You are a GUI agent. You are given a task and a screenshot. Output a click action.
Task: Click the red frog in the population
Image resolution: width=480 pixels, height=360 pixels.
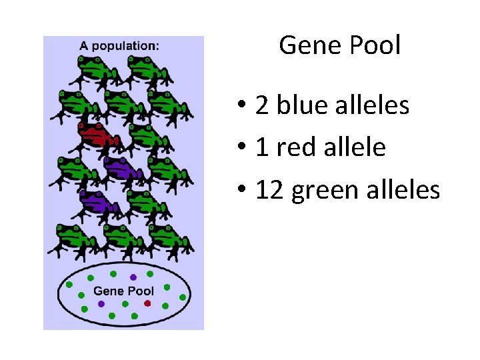(97, 135)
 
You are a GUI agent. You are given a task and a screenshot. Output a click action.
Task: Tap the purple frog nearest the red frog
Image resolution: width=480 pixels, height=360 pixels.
(121, 169)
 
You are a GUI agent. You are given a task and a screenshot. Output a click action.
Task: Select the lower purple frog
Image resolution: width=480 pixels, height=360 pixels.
(97, 202)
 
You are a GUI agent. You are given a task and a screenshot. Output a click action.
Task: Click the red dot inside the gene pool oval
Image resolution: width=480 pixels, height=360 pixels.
(147, 303)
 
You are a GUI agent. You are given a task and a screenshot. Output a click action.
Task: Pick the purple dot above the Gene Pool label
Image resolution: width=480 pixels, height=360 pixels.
(133, 277)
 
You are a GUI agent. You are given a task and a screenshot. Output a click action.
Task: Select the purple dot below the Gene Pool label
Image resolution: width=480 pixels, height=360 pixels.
(101, 303)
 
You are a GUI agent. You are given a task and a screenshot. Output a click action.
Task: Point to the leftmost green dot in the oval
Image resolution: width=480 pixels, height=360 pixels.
(69, 285)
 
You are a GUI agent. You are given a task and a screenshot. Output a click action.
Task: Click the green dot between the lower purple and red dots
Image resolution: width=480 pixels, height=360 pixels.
(125, 303)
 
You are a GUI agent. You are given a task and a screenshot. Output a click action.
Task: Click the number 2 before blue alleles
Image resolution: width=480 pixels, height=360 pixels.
(263, 105)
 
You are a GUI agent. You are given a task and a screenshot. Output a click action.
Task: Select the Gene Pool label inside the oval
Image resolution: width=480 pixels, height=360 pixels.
(123, 291)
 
